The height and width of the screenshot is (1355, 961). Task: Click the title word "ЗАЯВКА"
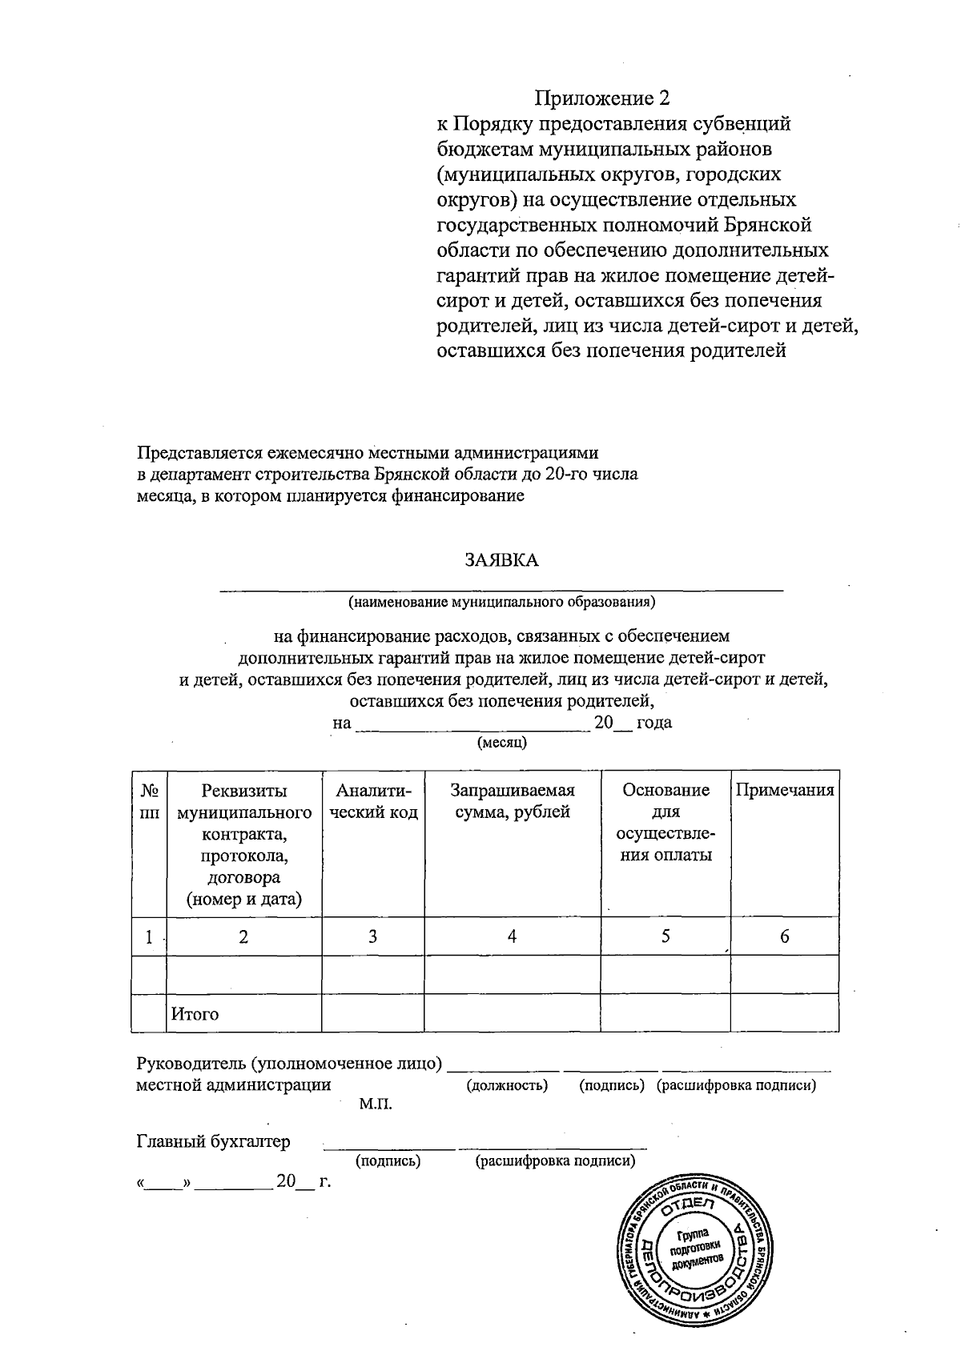[502, 560]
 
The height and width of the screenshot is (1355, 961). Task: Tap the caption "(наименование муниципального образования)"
[501, 600]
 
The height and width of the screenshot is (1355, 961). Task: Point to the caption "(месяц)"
[501, 742]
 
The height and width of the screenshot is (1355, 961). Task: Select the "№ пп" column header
[149, 801]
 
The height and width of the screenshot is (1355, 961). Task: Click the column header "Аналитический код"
[373, 801]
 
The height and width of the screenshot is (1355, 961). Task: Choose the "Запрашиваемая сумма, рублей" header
[513, 801]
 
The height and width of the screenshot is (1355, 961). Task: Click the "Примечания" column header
[785, 791]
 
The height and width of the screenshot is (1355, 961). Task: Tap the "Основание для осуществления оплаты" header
[665, 822]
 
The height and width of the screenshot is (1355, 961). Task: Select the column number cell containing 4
[512, 936]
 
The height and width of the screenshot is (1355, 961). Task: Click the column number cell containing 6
[785, 936]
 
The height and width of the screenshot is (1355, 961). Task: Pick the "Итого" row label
[195, 1014]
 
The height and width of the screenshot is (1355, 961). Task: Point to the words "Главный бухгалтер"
[213, 1141]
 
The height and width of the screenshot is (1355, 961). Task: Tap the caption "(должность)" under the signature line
[507, 1086]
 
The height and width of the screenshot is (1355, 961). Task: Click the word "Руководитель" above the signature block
[191, 1064]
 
